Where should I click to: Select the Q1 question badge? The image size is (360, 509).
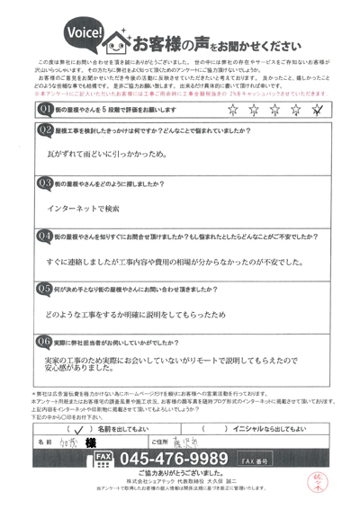[42, 109]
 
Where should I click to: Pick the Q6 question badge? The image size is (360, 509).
[42, 342]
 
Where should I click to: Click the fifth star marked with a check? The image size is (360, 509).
[316, 111]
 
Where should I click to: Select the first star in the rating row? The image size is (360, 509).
[233, 111]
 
